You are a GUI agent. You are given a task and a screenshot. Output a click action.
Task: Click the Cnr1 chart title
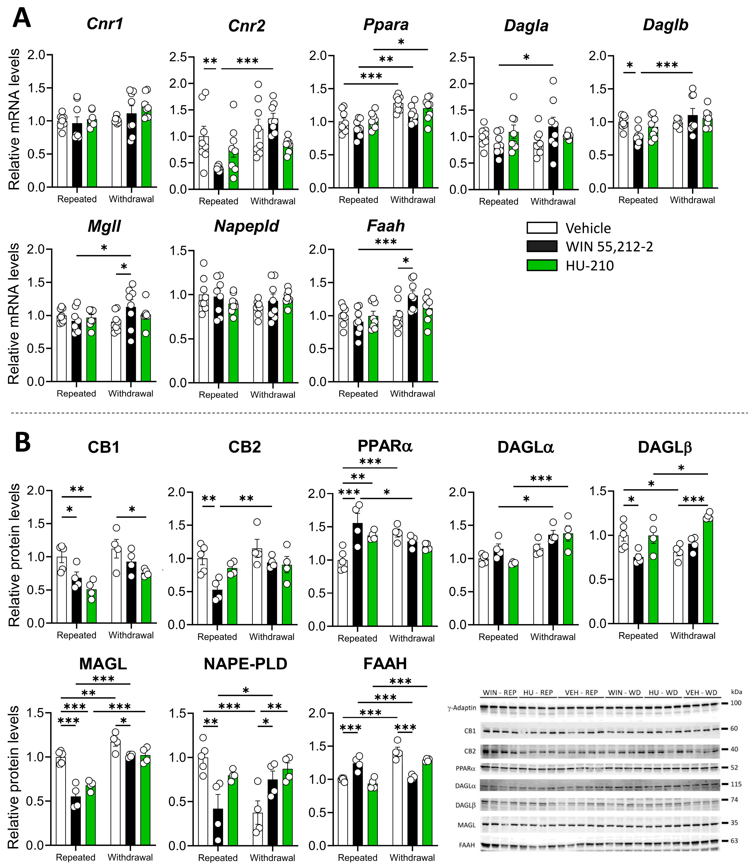(105, 24)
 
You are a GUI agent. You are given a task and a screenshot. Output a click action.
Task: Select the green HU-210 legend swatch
(542, 266)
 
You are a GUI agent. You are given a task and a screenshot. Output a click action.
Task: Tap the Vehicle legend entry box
(542, 228)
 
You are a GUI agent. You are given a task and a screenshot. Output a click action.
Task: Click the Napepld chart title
(247, 227)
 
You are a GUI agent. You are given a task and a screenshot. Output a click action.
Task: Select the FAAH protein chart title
(385, 664)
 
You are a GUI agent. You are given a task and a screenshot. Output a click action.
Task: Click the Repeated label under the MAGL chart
(76, 857)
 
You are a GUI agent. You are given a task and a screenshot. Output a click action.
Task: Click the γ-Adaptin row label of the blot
(462, 708)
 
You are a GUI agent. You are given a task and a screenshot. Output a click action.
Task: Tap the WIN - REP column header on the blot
(499, 693)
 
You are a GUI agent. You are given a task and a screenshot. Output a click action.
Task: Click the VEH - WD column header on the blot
(701, 693)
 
